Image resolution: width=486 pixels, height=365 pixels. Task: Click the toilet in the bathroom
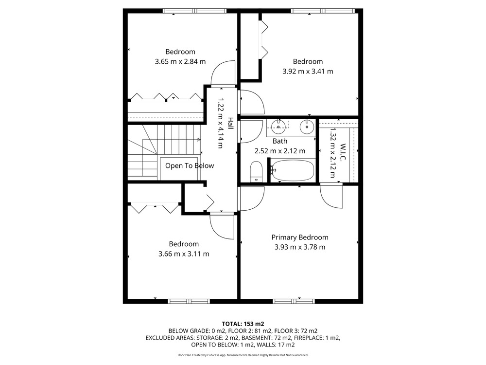tap(256, 171)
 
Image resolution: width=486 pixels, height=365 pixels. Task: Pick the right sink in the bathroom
tap(307, 127)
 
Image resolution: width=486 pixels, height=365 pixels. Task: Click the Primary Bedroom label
tap(300, 237)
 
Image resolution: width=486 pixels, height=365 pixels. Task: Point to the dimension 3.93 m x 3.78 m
tap(300, 247)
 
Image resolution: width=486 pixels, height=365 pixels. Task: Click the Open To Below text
tap(190, 166)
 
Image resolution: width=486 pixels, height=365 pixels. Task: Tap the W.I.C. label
tap(343, 152)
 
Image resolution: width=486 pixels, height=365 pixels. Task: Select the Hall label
tap(230, 123)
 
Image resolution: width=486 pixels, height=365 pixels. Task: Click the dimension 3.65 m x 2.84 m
tap(180, 61)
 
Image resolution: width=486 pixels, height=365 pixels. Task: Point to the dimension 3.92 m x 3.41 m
tap(308, 72)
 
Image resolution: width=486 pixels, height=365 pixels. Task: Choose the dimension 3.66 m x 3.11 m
tap(184, 254)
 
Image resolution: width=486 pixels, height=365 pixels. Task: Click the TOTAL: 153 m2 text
tap(243, 324)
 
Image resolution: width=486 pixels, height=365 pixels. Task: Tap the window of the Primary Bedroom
tap(294, 301)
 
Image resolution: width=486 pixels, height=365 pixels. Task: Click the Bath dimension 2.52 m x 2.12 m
tap(279, 151)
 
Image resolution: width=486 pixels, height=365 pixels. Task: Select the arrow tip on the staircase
tap(200, 140)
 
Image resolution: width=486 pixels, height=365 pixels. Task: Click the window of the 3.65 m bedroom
tap(195, 11)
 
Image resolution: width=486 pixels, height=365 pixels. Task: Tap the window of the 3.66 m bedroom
tap(189, 301)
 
